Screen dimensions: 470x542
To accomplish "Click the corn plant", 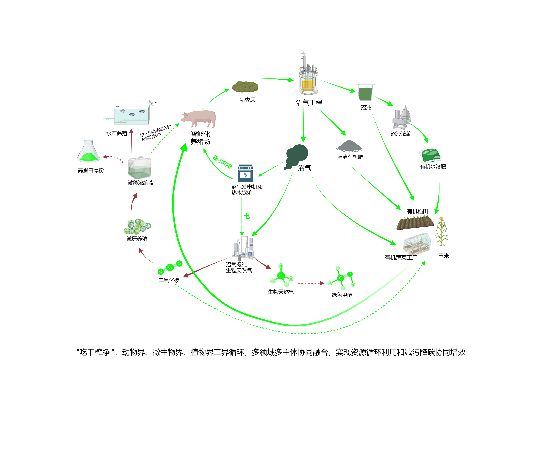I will pyautogui.click(x=442, y=231).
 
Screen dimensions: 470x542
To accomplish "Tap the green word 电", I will pyautogui.click(x=246, y=216).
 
